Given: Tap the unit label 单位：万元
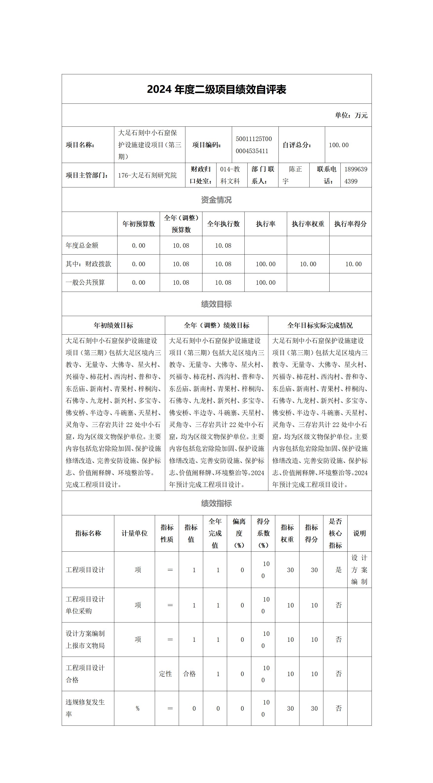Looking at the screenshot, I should click(351, 116).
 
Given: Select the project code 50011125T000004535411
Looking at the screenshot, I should click(254, 145).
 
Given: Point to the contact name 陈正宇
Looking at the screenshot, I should click(292, 175).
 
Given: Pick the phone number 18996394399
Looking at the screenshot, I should click(355, 175).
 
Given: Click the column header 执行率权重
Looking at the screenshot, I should click(308, 224).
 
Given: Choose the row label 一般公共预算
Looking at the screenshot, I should click(85, 283).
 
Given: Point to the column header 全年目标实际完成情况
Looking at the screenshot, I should click(320, 325).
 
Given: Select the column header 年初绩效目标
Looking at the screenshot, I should click(113, 325).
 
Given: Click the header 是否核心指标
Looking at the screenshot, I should click(335, 533).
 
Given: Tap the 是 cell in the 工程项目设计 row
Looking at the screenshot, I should click(338, 570).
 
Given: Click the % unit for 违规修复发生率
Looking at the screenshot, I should click(138, 708).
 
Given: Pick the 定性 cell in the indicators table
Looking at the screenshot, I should click(166, 674).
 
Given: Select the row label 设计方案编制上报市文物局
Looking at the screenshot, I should click(85, 640).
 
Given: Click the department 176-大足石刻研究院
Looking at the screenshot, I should click(147, 175).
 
